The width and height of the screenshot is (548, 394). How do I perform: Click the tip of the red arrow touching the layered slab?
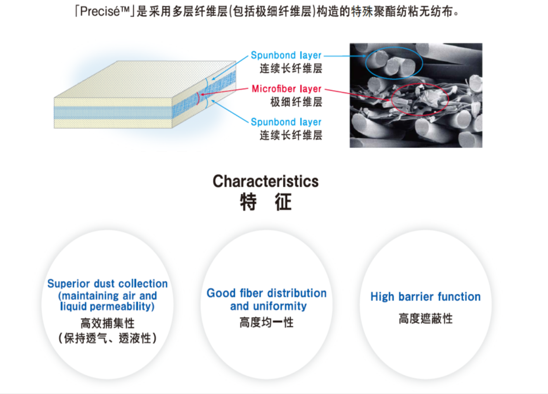click(x=200, y=95)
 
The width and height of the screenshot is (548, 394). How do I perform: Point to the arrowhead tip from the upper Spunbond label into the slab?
click(x=212, y=80)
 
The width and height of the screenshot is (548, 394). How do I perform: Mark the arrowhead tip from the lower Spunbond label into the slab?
click(x=212, y=101)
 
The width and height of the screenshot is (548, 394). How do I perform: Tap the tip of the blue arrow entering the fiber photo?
click(x=366, y=56)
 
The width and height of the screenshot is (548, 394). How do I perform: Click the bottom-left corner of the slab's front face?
click(x=54, y=128)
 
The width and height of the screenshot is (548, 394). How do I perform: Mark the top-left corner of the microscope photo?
click(x=350, y=43)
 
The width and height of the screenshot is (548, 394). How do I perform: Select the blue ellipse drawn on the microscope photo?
click(x=394, y=63)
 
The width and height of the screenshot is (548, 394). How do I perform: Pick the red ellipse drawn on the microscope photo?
click(x=420, y=100)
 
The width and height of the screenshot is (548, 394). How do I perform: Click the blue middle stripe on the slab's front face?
click(x=113, y=113)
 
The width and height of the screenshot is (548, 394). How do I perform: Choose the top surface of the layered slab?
click(x=145, y=79)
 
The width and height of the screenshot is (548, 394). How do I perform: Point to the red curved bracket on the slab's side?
click(x=198, y=98)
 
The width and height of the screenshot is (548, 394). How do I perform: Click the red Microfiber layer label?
click(x=287, y=89)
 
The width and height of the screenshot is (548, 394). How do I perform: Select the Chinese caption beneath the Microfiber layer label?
click(x=296, y=102)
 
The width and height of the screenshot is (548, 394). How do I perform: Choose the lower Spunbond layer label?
click(x=286, y=122)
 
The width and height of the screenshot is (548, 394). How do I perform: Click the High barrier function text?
click(x=426, y=297)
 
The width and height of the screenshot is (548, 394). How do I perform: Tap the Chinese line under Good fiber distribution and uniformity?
click(x=267, y=322)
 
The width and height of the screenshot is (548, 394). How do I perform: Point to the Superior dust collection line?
click(x=107, y=283)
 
